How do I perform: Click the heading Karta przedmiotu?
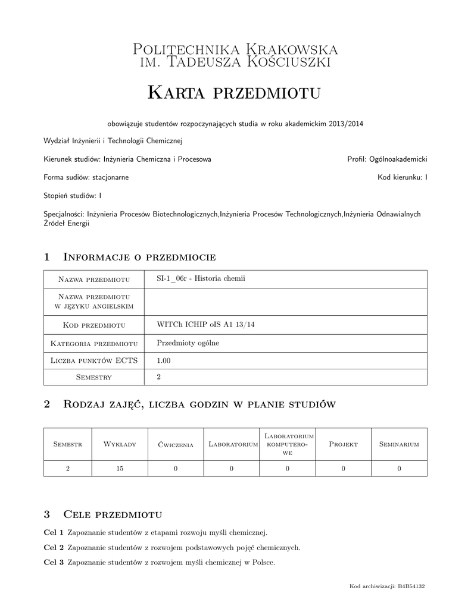[x=235, y=92]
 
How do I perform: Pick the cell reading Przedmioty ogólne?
[x=185, y=343]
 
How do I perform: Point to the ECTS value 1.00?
[x=163, y=360]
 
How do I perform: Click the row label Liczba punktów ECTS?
[x=94, y=360]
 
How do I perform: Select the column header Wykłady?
[x=120, y=444]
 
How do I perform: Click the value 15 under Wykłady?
[x=120, y=469]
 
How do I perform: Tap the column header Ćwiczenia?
[x=176, y=444]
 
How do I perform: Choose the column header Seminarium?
[x=399, y=444]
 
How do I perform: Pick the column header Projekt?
[x=343, y=444]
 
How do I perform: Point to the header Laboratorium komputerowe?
[x=288, y=444]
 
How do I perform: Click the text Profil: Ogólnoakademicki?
[x=387, y=159]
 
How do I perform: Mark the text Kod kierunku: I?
[x=403, y=177]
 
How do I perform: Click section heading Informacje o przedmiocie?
[x=139, y=257]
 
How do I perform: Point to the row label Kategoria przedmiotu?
[x=94, y=343]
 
